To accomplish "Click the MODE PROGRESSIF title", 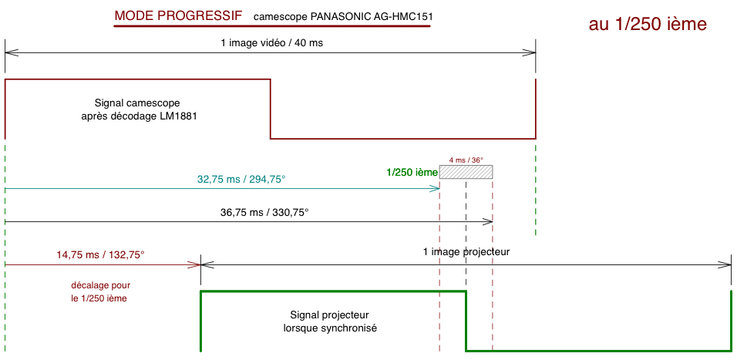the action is point(178,15).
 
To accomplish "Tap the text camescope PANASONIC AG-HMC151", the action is point(343,17).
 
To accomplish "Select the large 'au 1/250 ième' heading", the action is point(648,25).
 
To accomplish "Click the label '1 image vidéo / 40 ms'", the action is point(272,42).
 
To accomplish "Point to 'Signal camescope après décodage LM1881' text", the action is point(137,110).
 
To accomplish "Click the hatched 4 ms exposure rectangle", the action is point(466,172).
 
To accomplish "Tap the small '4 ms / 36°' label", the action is point(466,160).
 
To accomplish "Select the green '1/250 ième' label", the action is point(412,173).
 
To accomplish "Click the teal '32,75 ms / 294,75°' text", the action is point(241,180).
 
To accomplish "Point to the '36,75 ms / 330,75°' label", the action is point(264,213).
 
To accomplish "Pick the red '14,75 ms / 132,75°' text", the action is point(100,254).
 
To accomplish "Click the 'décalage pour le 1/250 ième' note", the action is point(100,291).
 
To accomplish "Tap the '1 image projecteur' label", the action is point(466,251).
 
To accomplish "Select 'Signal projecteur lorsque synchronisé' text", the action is point(330,321).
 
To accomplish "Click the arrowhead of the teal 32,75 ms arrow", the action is point(436,188).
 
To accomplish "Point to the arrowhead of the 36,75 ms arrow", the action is point(489,221).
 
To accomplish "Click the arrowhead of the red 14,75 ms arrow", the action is point(197,265).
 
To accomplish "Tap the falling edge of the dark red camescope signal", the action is point(271,109).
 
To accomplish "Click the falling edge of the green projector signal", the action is point(466,321).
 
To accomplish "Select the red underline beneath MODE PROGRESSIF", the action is point(271,26).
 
